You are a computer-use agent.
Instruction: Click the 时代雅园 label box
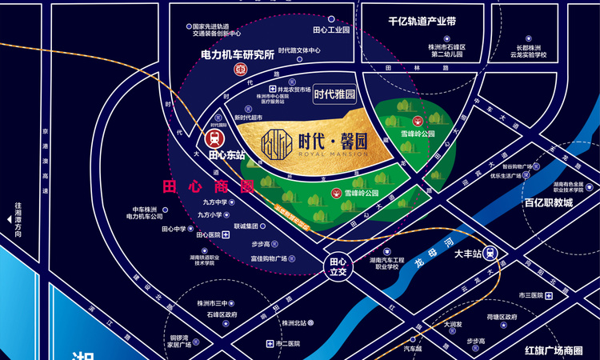pos(334,94)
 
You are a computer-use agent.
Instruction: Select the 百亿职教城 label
pos(549,203)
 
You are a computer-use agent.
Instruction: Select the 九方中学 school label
pos(215,203)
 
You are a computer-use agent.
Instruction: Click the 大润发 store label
pos(452,325)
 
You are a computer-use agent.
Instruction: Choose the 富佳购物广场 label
pos(269,258)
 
